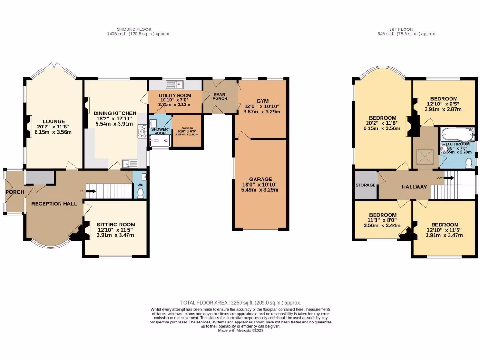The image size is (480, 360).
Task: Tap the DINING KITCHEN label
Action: coord(115,113)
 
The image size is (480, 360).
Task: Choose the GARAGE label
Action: coord(261,179)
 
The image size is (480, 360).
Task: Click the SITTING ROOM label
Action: coord(116,225)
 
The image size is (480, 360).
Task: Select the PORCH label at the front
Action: coord(14,192)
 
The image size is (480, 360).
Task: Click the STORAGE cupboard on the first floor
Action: coord(366,185)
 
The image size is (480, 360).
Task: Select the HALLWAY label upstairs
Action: coord(414,187)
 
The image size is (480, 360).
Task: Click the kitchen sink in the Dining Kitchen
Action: coord(129,164)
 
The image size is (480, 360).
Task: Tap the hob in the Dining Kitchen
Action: coord(142,131)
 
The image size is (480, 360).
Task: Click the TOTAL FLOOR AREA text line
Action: coord(240,303)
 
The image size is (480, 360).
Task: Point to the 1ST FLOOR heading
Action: coord(406,28)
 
